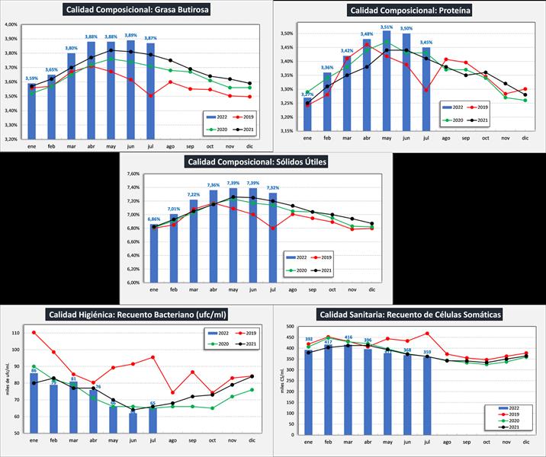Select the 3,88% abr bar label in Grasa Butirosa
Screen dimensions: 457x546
pyautogui.click(x=92, y=37)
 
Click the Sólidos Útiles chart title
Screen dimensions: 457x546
pyautogui.click(x=255, y=161)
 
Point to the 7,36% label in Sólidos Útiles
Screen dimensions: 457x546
pyautogui.click(x=213, y=185)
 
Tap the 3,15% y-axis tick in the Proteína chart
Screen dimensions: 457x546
pyautogui.click(x=285, y=131)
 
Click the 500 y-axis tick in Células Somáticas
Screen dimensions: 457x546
pyautogui.click(x=288, y=327)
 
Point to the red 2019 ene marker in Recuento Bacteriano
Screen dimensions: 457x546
pyautogui.click(x=34, y=333)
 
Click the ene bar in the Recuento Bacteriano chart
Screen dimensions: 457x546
pyautogui.click(x=34, y=402)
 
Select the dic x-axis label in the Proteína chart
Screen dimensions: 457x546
pyautogui.click(x=525, y=139)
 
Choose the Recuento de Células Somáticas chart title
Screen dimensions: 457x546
pyautogui.click(x=410, y=314)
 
